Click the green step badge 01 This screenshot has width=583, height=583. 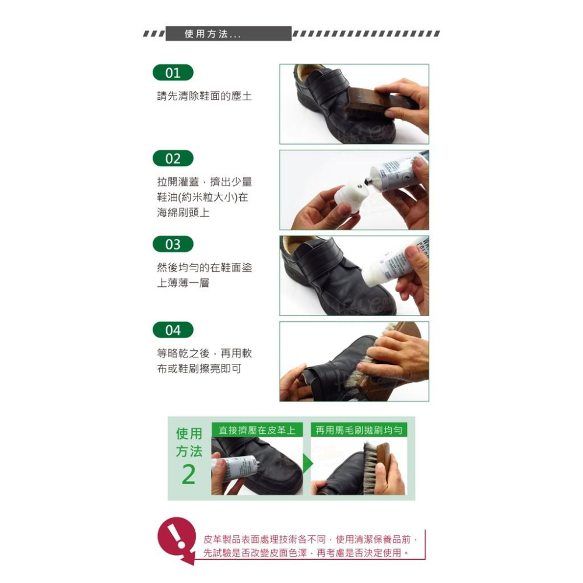[173, 73]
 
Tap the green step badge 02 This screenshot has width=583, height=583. [173, 159]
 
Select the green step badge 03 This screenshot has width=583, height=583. [173, 244]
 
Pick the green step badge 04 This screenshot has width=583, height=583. [173, 330]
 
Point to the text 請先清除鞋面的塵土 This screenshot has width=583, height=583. [204, 96]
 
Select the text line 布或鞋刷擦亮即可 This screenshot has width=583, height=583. [199, 368]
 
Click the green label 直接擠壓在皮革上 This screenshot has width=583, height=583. [257, 430]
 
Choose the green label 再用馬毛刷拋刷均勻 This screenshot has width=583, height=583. [359, 430]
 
